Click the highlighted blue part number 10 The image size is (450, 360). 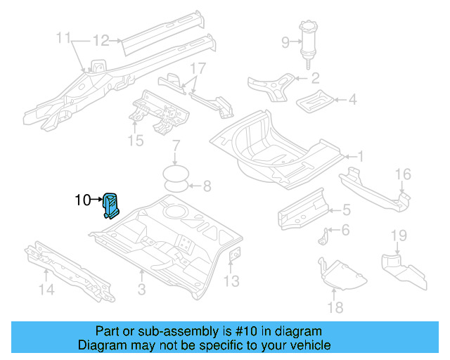pyautogui.click(x=111, y=205)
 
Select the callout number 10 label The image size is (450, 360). pyautogui.click(x=82, y=200)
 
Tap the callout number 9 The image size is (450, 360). pyautogui.click(x=285, y=42)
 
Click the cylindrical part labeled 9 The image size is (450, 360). pyautogui.click(x=307, y=42)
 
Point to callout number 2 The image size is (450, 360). pyautogui.click(x=315, y=78)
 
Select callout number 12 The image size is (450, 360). pyautogui.click(x=101, y=40)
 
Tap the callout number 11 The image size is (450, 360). pyautogui.click(x=64, y=37)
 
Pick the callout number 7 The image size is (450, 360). pyautogui.click(x=176, y=146)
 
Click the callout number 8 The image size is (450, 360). pyautogui.click(x=206, y=186)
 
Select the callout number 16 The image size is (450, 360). pyautogui.click(x=402, y=174)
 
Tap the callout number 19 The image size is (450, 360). pyautogui.click(x=399, y=234)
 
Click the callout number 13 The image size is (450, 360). pyautogui.click(x=231, y=282)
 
